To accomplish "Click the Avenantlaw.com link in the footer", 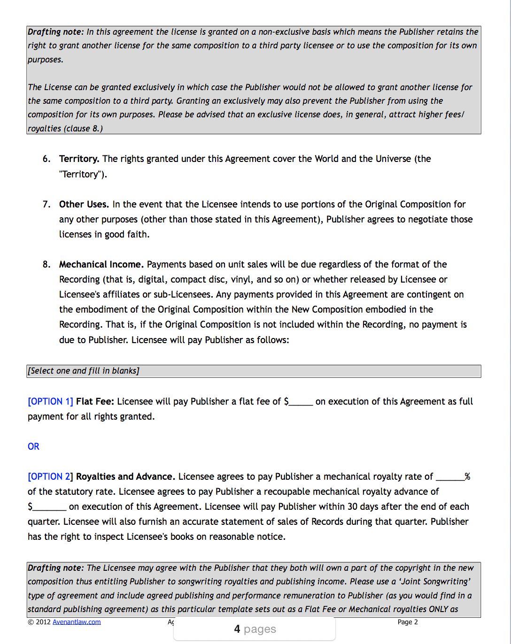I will click(x=77, y=622).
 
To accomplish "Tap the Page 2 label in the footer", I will click(x=407, y=622).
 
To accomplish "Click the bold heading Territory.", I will click(x=79, y=159).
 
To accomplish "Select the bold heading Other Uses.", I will click(x=84, y=204).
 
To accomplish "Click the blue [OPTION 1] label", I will click(x=50, y=401).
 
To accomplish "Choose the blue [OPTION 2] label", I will click(x=50, y=476).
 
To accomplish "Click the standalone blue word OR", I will click(x=33, y=446).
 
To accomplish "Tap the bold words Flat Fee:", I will click(x=95, y=401).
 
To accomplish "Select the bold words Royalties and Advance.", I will click(x=125, y=476).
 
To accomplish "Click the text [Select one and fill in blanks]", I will click(x=84, y=371).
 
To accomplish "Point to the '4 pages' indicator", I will click(x=255, y=629).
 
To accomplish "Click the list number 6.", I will click(x=46, y=159).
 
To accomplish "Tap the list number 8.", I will click(x=46, y=264).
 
